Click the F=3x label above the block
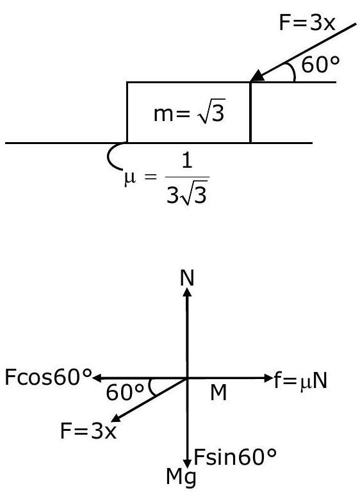307,23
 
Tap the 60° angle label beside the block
321,65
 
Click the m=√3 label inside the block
189,113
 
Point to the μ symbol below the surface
130,178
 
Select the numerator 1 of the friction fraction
187,161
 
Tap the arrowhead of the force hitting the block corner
258,76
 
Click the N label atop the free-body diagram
187,278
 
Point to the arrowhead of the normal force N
187,292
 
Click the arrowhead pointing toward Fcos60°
98,378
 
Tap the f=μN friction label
300,380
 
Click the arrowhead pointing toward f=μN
268,378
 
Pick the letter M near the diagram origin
218,392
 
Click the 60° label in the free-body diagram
125,392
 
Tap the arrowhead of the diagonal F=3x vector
115,418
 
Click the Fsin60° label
235,457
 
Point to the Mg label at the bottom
181,477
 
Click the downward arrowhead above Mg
188,464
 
